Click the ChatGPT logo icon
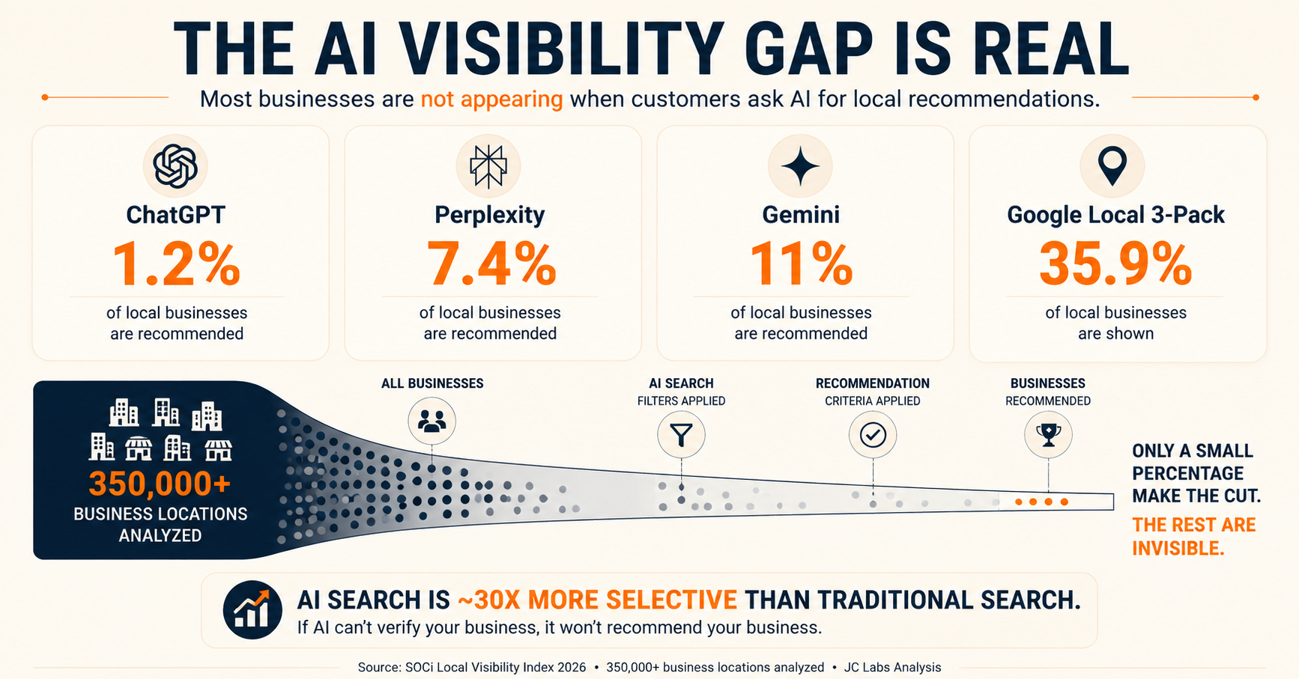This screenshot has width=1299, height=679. tap(175, 165)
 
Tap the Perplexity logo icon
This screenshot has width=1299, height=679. tap(488, 165)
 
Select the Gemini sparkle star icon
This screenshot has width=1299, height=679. tap(800, 166)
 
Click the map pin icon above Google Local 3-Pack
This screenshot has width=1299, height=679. tap(1112, 166)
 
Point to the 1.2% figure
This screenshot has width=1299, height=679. tap(176, 264)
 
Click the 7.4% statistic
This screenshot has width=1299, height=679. tap(491, 264)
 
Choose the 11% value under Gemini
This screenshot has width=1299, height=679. tap(801, 264)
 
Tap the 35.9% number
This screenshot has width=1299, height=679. tap(1115, 264)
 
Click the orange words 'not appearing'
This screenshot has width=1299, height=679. tap(491, 99)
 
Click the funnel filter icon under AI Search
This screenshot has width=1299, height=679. tap(681, 435)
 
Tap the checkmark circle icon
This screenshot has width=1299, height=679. tap(873, 435)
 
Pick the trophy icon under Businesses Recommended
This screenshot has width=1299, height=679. tap(1048, 435)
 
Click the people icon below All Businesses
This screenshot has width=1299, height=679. tap(432, 421)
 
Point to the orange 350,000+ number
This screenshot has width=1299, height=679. tap(160, 484)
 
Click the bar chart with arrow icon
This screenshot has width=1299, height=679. tap(252, 610)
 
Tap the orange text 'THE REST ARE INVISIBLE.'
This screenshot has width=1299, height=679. tap(1193, 537)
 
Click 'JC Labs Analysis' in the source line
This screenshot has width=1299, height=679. tap(892, 667)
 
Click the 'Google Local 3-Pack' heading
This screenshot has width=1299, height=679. tap(1115, 215)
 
